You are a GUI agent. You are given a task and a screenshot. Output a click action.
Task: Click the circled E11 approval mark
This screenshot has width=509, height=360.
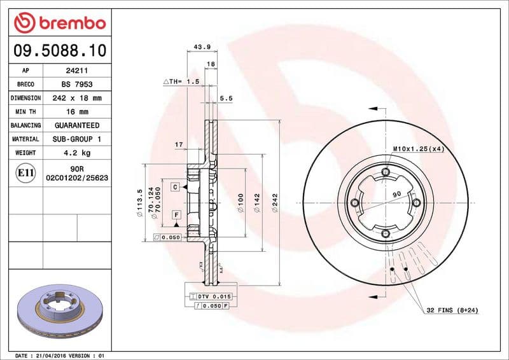click(25, 173)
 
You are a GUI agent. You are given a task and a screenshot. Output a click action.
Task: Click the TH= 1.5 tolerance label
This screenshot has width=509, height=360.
click(182, 82)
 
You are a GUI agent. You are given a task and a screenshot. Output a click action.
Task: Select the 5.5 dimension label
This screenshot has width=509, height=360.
click(226, 98)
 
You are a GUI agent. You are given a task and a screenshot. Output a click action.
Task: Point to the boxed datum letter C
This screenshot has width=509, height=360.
click(174, 187)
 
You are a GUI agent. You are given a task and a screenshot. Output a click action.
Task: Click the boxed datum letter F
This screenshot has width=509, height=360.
click(174, 215)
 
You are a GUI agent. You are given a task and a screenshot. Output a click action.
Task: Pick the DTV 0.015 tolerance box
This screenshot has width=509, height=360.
click(211, 297)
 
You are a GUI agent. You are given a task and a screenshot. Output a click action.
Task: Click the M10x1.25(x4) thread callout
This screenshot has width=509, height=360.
click(417, 148)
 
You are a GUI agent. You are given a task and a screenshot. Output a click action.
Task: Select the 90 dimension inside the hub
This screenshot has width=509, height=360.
click(396, 194)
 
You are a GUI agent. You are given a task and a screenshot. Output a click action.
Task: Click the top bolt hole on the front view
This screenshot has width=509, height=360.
click(386, 172)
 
